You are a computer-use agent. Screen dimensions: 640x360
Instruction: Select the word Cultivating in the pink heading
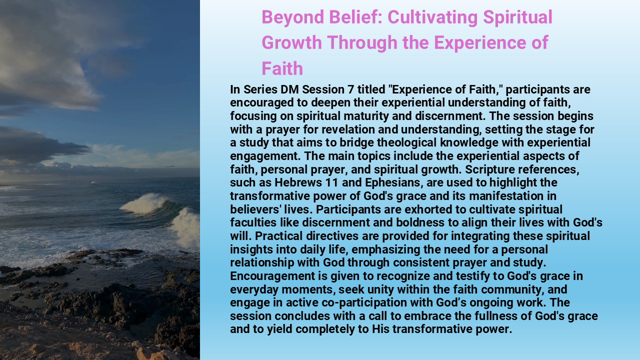coord(432,17)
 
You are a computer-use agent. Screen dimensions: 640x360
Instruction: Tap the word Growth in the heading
coord(292,42)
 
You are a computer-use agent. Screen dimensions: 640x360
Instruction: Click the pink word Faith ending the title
coord(282,68)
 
